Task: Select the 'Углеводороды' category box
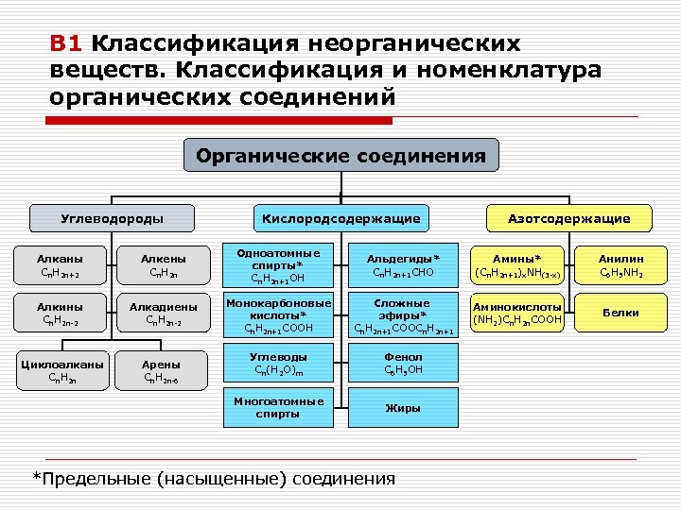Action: point(112,218)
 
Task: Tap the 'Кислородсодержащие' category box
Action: point(341,218)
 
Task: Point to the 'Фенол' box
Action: point(404,363)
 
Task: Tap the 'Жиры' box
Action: point(404,408)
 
